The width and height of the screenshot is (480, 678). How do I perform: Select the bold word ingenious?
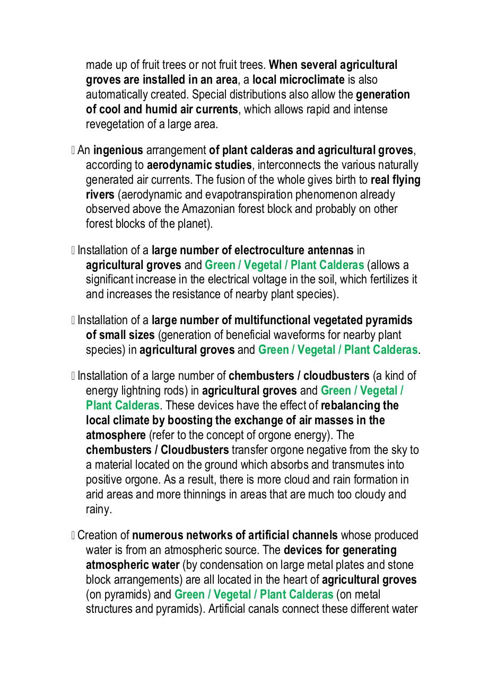pyautogui.click(x=118, y=150)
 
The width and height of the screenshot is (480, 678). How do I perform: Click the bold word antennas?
pyautogui.click(x=328, y=250)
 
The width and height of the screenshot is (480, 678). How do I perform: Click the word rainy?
pyautogui.click(x=99, y=510)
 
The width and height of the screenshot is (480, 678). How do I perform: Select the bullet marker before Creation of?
pyautogui.click(x=73, y=536)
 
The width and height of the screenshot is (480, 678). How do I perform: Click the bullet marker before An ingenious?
pyautogui.click(x=73, y=150)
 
